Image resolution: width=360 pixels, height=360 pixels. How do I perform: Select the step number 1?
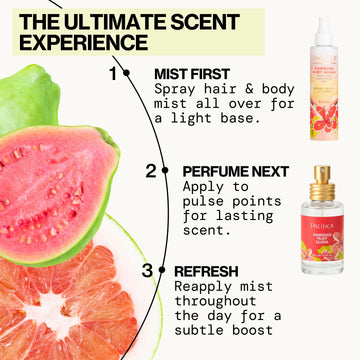pos(113,73)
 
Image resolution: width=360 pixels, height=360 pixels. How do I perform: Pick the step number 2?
pos(151,170)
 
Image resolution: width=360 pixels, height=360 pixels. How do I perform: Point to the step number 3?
pos(146,270)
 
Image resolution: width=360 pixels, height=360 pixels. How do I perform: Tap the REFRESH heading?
pos(205,270)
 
